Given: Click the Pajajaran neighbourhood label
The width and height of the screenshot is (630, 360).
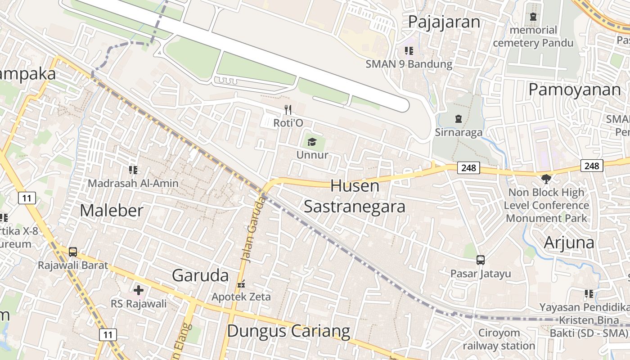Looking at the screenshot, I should click(444, 22).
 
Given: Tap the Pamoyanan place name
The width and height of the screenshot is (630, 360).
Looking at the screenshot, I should click(575, 90).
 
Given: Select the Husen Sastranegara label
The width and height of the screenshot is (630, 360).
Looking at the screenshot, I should click(355, 196).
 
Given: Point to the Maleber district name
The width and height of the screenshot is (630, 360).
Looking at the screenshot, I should click(112, 210).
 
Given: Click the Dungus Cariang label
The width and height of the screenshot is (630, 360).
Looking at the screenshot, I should click(288, 331).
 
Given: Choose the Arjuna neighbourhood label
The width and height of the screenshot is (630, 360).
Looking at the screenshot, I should click(569, 242).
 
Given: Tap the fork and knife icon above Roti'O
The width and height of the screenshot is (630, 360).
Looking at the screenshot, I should click(288, 109).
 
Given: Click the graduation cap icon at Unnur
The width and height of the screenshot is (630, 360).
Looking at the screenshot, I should click(312, 143).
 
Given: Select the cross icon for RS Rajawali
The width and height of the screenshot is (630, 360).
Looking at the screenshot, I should click(139, 290).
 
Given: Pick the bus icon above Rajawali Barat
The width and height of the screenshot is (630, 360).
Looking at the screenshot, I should click(73, 252).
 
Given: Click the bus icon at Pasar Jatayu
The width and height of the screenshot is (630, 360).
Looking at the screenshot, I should click(481, 260).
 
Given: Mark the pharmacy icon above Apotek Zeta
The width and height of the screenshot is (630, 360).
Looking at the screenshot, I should click(241, 284).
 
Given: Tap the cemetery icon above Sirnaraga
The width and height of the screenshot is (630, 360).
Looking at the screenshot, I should click(458, 119).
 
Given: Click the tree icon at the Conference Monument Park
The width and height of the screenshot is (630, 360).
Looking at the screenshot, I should click(546, 179).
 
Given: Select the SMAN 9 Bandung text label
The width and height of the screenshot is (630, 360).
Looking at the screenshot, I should click(409, 64).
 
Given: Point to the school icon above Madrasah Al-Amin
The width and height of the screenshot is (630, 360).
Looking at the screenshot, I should click(133, 170).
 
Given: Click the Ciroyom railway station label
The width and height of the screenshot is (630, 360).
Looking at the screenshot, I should click(499, 339).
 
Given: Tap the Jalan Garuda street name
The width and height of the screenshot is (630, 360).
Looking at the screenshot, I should click(253, 229).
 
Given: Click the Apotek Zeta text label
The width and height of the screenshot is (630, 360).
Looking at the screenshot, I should click(241, 297).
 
